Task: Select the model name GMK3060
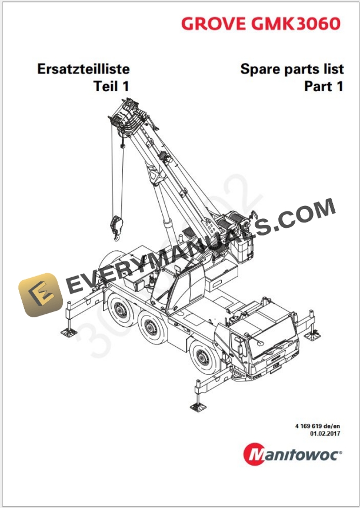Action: tap(294, 23)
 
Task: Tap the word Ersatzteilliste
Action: tap(83, 69)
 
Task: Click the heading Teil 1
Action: tap(111, 87)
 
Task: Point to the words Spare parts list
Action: tap(292, 69)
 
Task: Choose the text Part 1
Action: tap(323, 87)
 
